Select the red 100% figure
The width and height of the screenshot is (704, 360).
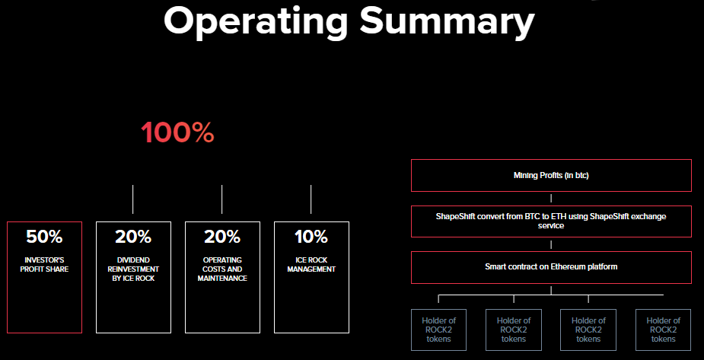pyautogui.click(x=177, y=132)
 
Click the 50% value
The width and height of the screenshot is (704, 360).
pyautogui.click(x=44, y=237)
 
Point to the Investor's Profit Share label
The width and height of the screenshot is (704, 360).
pyautogui.click(x=44, y=265)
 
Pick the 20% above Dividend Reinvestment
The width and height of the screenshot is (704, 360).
pyautogui.click(x=133, y=237)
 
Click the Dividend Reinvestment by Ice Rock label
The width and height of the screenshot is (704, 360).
pyautogui.click(x=133, y=269)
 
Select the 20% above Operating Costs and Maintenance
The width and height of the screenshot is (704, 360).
pyautogui.click(x=222, y=237)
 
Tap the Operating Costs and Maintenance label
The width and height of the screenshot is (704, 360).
pyautogui.click(x=222, y=269)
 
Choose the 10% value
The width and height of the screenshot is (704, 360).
pyautogui.click(x=311, y=237)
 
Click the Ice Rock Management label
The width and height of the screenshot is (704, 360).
pyautogui.click(x=311, y=265)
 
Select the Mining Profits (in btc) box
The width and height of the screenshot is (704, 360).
pyautogui.click(x=551, y=175)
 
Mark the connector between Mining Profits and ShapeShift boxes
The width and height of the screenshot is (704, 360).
pyautogui.click(x=551, y=199)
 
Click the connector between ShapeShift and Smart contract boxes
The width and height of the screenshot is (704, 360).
pyautogui.click(x=551, y=244)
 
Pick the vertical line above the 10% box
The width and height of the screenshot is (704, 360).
pyautogui.click(x=311, y=199)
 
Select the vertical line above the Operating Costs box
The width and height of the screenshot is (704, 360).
pyautogui.click(x=221, y=199)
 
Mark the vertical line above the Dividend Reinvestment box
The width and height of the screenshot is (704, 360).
pyautogui.click(x=133, y=199)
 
